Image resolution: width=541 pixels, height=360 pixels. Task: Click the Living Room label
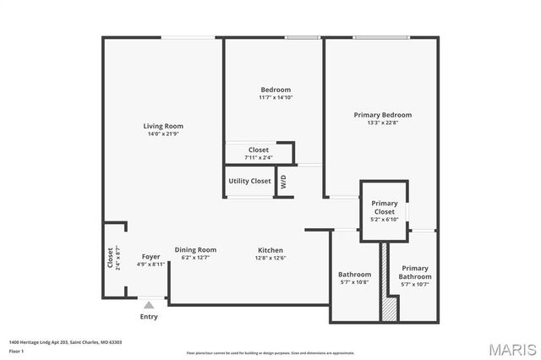point(163,126)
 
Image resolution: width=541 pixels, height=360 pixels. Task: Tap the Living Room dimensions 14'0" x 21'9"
point(163,134)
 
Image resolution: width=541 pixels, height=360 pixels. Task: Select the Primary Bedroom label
point(383,115)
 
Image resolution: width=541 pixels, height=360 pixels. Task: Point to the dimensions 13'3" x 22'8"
point(383,123)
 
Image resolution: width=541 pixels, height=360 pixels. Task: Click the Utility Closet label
point(249,181)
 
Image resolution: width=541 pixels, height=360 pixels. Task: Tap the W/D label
point(283,181)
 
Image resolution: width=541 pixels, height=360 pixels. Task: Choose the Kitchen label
point(270,250)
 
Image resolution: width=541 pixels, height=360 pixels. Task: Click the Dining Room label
point(195,249)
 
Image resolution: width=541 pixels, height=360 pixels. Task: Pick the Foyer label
point(150,256)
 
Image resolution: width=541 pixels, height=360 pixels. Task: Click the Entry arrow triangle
point(149,304)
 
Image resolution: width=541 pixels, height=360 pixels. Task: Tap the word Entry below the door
point(149,317)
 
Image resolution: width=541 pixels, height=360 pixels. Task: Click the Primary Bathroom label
point(415,272)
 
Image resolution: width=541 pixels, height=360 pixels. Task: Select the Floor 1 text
point(16,350)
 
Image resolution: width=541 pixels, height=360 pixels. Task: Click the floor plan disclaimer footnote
point(270,352)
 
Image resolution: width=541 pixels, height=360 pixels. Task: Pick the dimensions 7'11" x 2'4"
point(258,157)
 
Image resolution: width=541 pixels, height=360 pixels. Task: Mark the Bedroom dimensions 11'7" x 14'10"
point(276,97)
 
